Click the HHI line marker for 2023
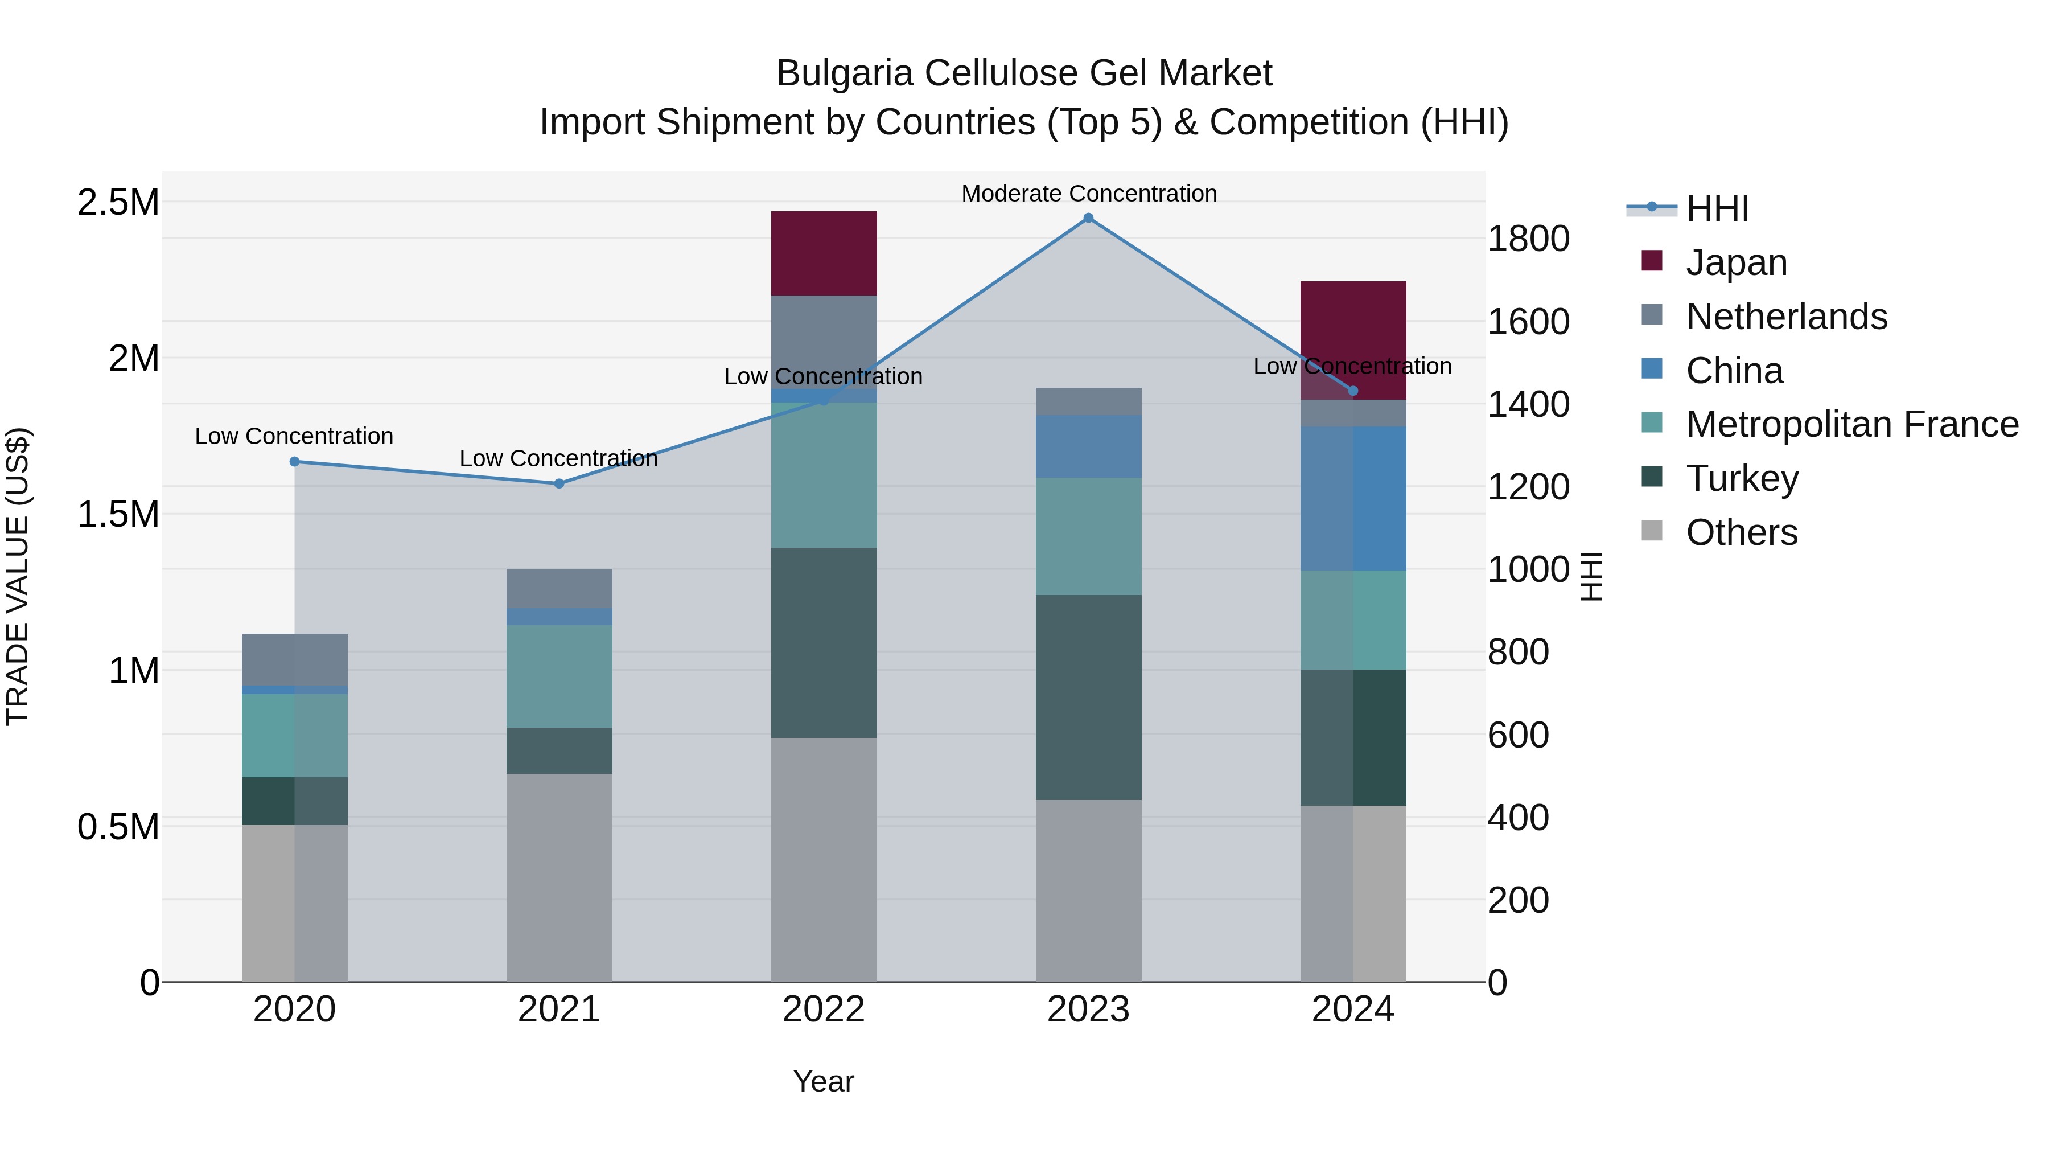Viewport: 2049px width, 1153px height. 1088,218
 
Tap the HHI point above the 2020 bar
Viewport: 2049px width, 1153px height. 294,462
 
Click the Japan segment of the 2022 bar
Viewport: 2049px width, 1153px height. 824,253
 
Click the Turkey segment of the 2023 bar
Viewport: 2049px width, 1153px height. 1088,697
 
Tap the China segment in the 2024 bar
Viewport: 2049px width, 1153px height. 1353,498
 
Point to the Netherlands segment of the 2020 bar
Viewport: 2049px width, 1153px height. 294,659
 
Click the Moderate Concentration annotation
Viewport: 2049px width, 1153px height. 1088,194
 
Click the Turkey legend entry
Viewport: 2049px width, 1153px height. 1742,478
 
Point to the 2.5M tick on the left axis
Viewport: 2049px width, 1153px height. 118,203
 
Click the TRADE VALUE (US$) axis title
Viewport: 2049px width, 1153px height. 18,576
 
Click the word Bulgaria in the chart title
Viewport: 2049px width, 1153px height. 844,73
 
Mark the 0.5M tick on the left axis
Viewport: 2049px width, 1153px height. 118,827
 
